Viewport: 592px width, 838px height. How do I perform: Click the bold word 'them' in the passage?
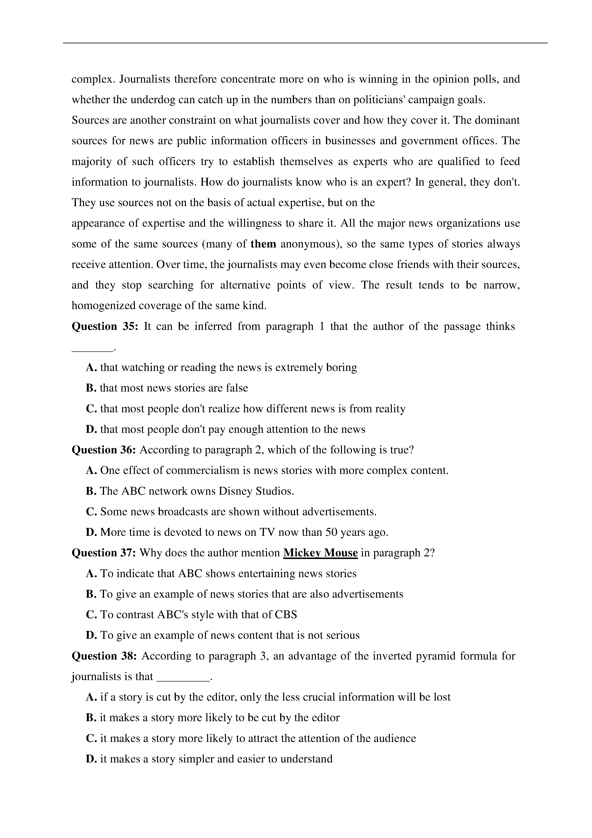pos(263,244)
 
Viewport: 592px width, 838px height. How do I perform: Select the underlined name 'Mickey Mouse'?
pos(320,553)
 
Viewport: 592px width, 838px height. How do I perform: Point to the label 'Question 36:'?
pos(104,450)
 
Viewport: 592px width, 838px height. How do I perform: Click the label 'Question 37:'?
pos(104,553)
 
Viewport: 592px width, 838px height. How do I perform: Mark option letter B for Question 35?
pos(90,388)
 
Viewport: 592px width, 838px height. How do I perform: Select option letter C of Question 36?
pos(91,512)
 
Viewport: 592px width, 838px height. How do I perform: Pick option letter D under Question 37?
pos(91,635)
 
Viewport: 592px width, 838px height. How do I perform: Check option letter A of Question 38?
pos(91,697)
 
